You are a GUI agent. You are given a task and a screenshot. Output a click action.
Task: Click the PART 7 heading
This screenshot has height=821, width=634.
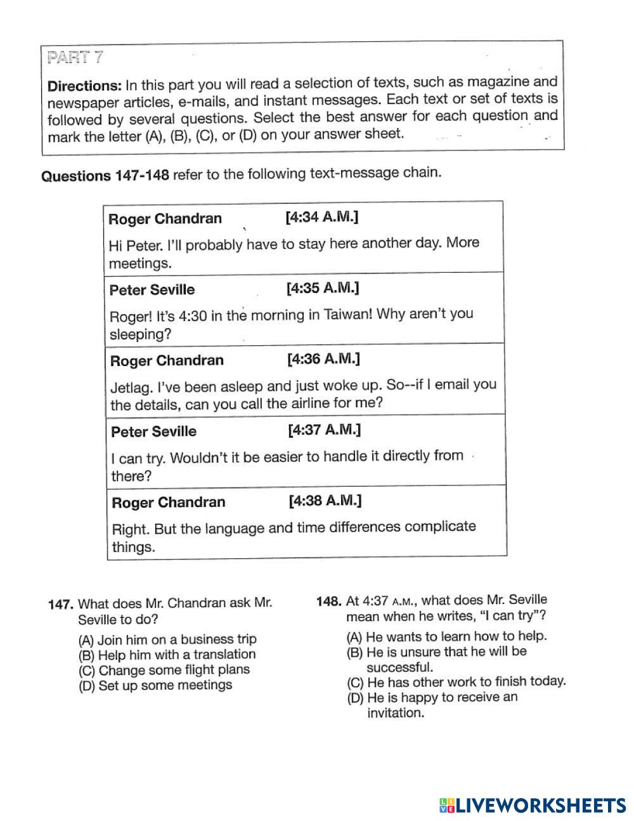75,58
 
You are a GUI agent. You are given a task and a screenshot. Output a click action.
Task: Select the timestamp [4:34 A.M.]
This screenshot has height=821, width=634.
321,218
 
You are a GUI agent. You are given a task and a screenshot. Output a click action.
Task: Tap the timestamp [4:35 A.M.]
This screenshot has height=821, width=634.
322,289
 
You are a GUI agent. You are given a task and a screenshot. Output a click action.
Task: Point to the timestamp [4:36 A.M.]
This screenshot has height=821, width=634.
323,359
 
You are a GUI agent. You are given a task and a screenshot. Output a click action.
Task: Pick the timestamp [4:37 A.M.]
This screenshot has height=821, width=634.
324,430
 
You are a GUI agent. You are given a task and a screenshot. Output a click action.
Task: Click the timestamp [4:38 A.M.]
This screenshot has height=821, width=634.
325,501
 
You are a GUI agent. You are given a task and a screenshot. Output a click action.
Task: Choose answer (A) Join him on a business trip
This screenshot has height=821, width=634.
167,640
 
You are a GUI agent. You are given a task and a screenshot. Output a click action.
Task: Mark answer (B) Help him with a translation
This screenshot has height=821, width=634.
167,655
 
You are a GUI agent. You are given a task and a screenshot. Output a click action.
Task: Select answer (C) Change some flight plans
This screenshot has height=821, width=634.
164,670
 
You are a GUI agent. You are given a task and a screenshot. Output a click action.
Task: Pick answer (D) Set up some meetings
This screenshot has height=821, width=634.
155,686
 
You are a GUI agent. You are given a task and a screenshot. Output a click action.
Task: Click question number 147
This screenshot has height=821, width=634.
61,604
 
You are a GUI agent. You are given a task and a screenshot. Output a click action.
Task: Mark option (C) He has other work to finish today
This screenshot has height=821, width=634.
456,682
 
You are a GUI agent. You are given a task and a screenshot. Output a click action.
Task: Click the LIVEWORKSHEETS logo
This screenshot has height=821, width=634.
533,805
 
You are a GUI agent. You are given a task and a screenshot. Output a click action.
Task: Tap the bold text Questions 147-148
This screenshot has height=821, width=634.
105,176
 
